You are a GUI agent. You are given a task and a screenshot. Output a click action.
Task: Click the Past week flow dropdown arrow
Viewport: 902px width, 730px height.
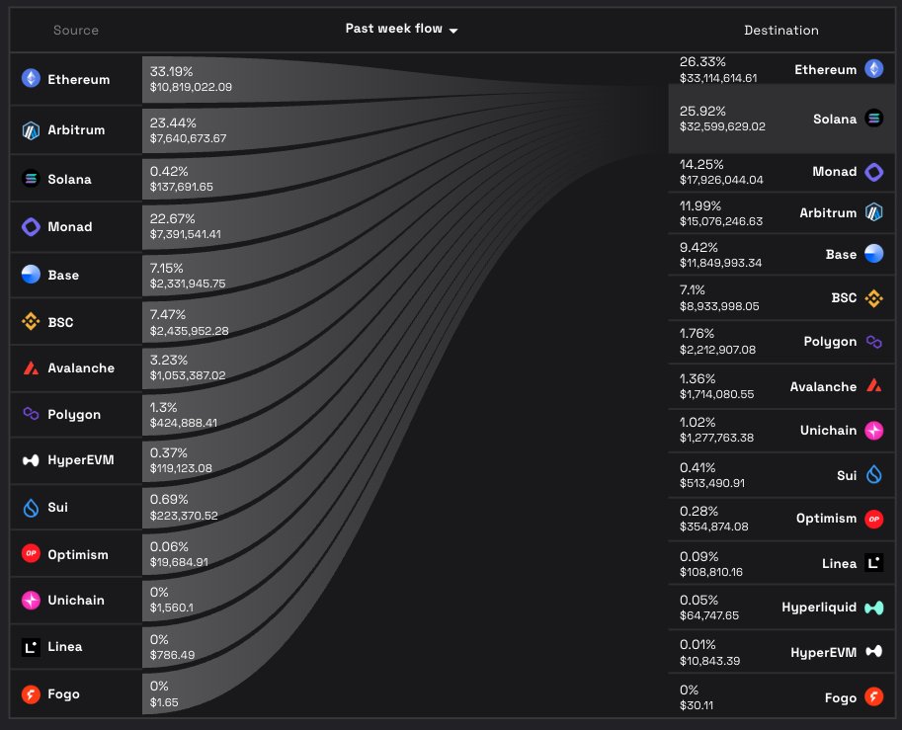(x=453, y=31)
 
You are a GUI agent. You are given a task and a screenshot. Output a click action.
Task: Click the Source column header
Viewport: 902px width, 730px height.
(x=76, y=30)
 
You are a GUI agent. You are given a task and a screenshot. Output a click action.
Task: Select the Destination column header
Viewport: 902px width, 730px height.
(x=780, y=30)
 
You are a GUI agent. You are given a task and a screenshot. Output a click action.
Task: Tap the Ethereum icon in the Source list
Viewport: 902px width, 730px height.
(x=31, y=79)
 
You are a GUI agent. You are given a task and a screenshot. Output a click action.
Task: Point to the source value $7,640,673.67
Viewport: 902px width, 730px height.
(x=188, y=138)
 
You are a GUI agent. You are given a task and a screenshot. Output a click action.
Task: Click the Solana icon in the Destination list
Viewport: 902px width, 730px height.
(x=873, y=119)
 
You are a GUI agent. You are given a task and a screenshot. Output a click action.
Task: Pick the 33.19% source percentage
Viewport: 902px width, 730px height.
(x=171, y=71)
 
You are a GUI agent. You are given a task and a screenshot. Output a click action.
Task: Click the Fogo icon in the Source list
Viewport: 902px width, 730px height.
(x=31, y=694)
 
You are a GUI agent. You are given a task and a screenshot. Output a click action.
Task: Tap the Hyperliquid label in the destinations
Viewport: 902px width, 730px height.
(x=819, y=608)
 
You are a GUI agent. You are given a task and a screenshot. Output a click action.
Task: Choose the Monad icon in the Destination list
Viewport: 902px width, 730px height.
(x=873, y=172)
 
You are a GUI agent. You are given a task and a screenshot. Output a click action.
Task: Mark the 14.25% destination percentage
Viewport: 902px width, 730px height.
(x=701, y=164)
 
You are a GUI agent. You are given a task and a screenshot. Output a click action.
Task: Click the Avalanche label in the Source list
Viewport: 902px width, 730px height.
(x=81, y=367)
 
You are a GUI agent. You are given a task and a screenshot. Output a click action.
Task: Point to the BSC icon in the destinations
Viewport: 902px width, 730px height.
(x=873, y=296)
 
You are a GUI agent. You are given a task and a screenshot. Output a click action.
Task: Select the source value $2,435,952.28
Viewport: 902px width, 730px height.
(x=189, y=330)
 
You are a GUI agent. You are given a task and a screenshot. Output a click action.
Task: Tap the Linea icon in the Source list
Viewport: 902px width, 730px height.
(x=31, y=647)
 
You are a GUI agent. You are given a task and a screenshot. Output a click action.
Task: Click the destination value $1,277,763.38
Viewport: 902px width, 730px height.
(x=716, y=438)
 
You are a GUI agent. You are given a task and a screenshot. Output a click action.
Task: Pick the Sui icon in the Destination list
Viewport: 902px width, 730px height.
(x=873, y=476)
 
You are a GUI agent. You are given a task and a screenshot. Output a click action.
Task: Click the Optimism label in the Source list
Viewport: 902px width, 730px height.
(x=78, y=554)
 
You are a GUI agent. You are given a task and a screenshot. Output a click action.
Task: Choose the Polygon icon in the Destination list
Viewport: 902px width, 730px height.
(x=873, y=342)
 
